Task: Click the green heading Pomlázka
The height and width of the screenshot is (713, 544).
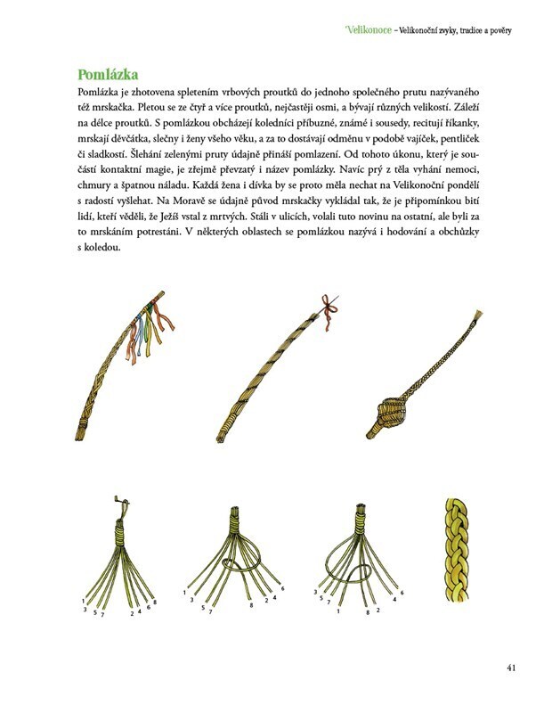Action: pos(112,73)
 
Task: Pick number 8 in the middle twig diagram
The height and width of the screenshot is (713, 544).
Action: pos(253,606)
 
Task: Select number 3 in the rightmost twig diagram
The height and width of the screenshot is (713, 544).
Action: pos(316,592)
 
